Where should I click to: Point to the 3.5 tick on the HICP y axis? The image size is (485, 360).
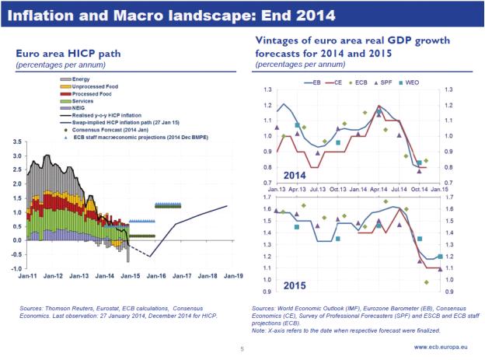17,142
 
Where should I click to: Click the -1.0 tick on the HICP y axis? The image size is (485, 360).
16,268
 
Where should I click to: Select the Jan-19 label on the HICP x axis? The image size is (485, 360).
234,276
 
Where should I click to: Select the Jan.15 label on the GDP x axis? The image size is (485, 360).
441,190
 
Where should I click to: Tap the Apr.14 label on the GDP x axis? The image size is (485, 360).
379,190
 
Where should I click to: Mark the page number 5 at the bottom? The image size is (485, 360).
242,351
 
